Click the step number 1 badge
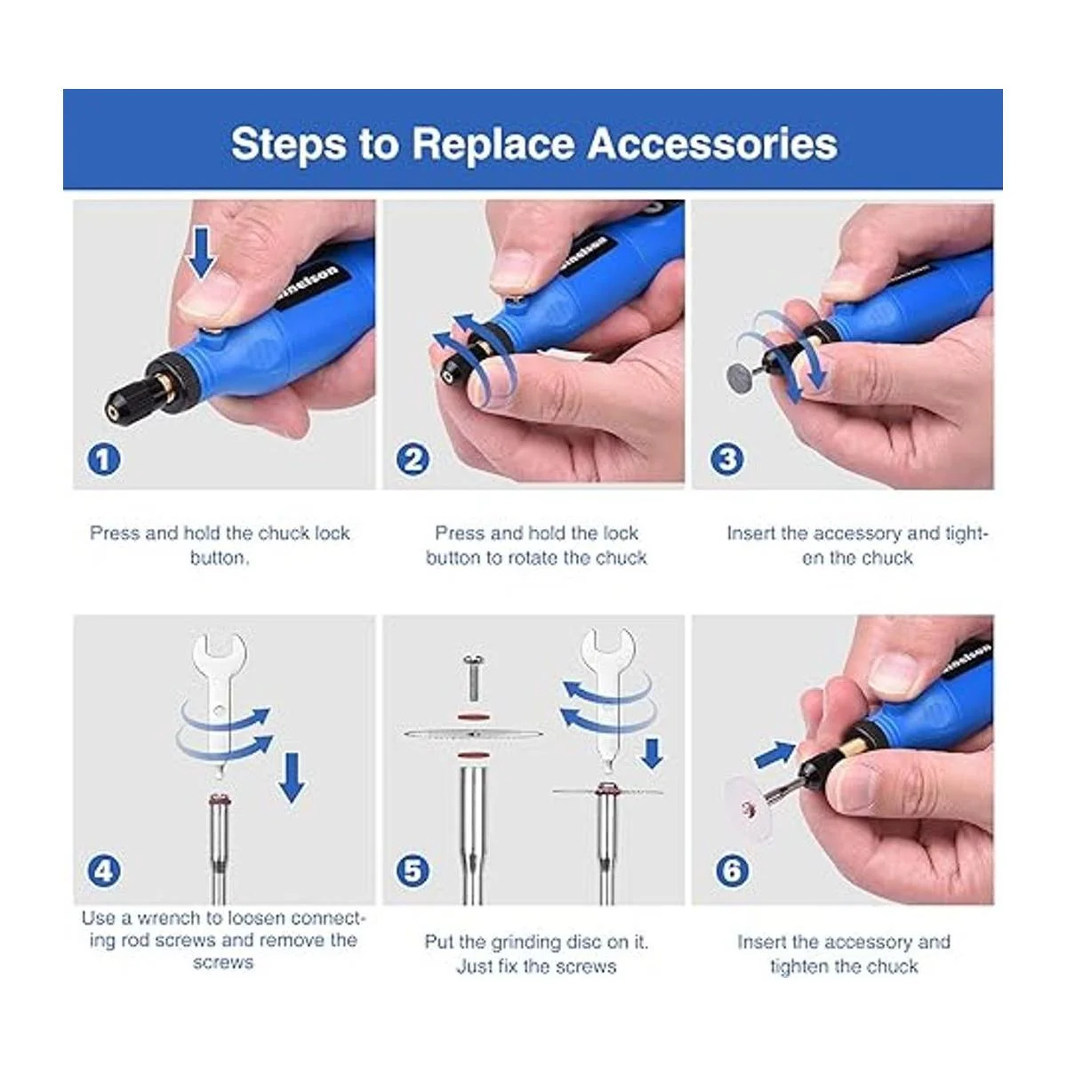[x=104, y=459]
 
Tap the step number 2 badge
[x=413, y=459]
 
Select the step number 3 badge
[x=727, y=459]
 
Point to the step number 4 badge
[x=104, y=870]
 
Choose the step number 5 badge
[x=413, y=870]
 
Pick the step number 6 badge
[x=732, y=870]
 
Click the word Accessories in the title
[x=712, y=144]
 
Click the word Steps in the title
[x=288, y=145]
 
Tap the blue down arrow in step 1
[x=202, y=253]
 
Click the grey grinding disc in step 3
[x=742, y=376]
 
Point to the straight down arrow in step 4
[x=292, y=777]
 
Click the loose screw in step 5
[x=473, y=677]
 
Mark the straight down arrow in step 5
[x=654, y=753]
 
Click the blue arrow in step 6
[x=775, y=754]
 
